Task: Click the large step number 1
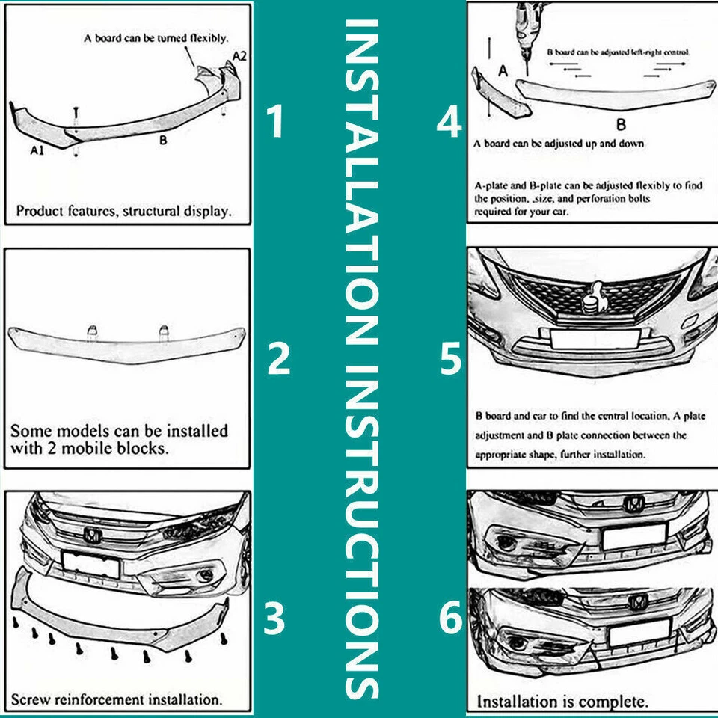tap(277, 123)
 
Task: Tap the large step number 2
tap(279, 359)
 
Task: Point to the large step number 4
tap(449, 123)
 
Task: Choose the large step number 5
tap(451, 359)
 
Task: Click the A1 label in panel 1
tap(38, 150)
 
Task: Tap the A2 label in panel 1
tap(239, 55)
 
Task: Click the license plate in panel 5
tap(595, 338)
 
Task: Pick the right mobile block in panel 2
tap(162, 332)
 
